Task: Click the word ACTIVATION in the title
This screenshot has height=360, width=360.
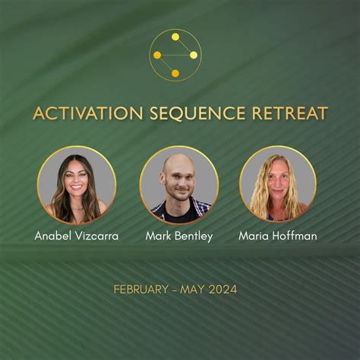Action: point(79,114)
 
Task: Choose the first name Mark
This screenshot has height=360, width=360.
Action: point(159,235)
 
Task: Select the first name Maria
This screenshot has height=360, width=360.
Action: point(255,235)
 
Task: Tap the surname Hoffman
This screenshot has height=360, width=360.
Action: point(295,235)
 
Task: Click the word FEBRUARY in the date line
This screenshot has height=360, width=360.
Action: point(141,289)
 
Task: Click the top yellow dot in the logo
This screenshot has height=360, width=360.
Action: point(175,36)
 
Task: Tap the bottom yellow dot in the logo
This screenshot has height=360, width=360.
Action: point(175,74)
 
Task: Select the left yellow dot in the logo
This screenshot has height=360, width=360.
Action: point(157,55)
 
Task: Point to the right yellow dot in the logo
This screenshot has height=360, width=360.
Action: point(194,55)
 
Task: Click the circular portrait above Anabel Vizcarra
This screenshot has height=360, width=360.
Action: point(77,185)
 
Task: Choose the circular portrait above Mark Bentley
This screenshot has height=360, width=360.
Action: point(179,185)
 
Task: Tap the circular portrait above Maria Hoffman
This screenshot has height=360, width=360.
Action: point(278,185)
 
